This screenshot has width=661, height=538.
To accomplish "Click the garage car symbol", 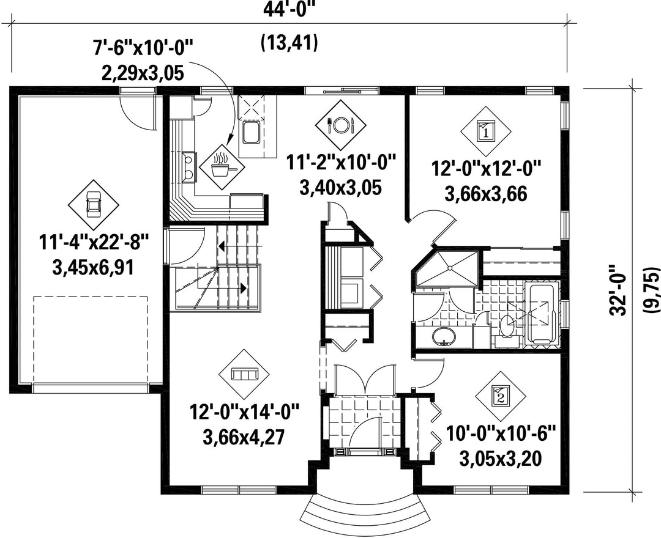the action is tap(93, 205).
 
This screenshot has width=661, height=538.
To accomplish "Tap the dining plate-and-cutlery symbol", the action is tap(340, 124).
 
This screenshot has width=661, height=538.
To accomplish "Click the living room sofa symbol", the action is tap(244, 374).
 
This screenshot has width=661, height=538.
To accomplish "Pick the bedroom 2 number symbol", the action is tap(501, 396).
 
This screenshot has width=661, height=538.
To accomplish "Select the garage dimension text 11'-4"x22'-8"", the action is tap(94, 243).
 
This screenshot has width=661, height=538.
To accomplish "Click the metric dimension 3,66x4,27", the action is tap(242, 437).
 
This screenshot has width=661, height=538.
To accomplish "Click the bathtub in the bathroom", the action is tap(541, 314).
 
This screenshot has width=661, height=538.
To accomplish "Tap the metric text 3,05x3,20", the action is tap(501, 459).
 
